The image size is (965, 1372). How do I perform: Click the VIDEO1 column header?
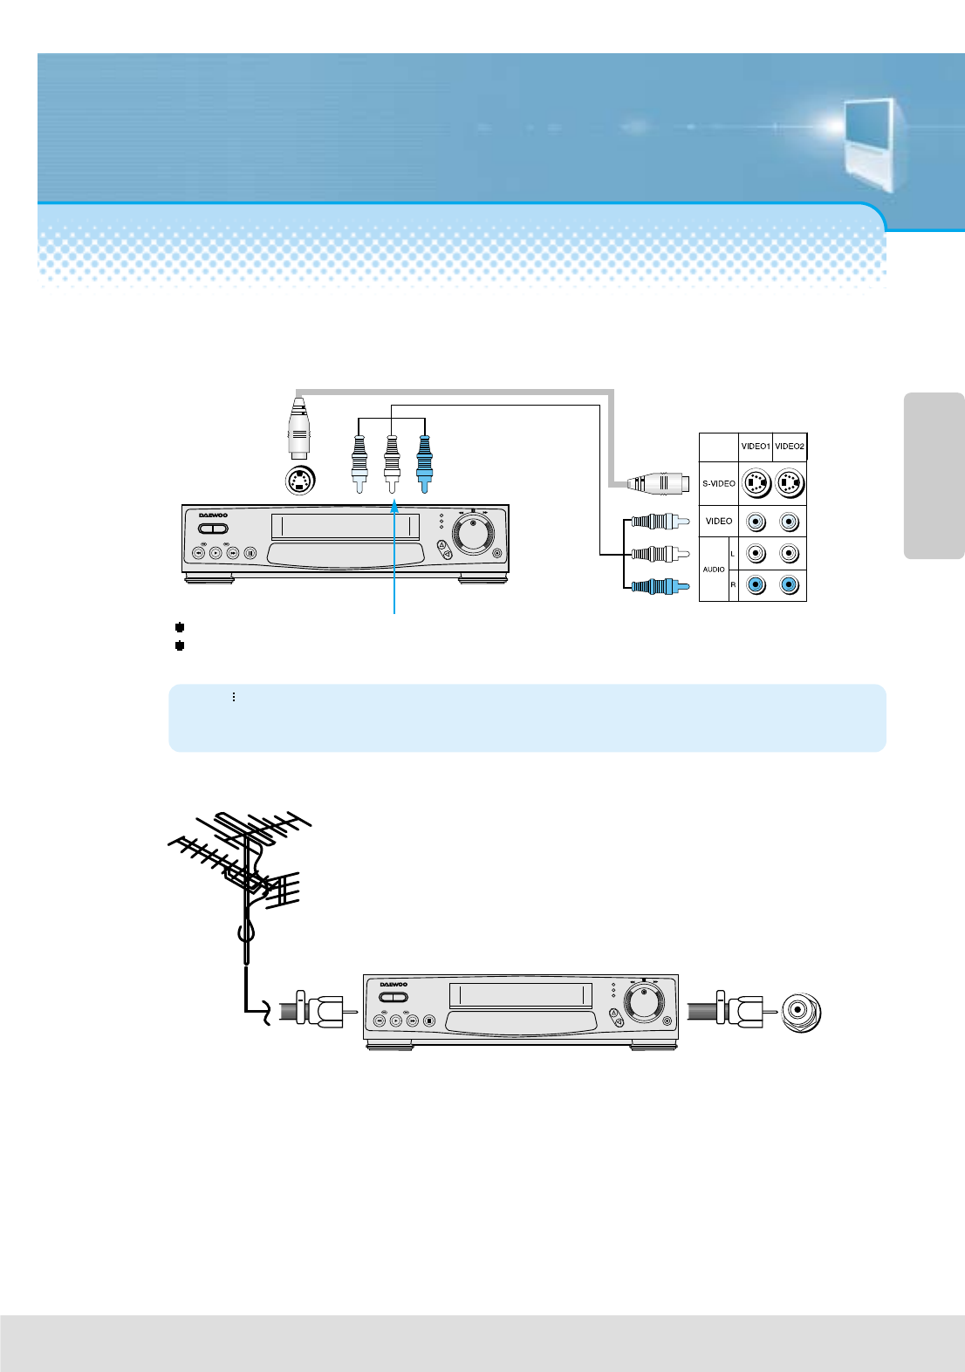756,447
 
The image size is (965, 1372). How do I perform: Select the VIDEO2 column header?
790,447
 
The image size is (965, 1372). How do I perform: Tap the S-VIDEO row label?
719,483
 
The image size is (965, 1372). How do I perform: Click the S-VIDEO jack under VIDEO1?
756,483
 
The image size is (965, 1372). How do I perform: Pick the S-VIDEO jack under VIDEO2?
790,483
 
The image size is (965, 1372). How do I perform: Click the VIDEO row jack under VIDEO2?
790,522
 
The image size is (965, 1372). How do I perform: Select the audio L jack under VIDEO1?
756,553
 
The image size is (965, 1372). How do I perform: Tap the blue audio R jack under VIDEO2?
790,585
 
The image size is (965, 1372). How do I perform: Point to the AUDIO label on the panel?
714,570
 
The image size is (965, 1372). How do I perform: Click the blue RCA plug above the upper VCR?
424,462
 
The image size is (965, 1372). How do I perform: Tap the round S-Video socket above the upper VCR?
300,480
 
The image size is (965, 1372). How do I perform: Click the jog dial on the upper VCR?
473,533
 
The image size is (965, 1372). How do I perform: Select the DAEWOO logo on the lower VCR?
393,985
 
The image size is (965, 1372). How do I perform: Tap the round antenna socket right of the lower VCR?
801,1012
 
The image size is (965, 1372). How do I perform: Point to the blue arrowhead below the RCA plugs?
394,507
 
